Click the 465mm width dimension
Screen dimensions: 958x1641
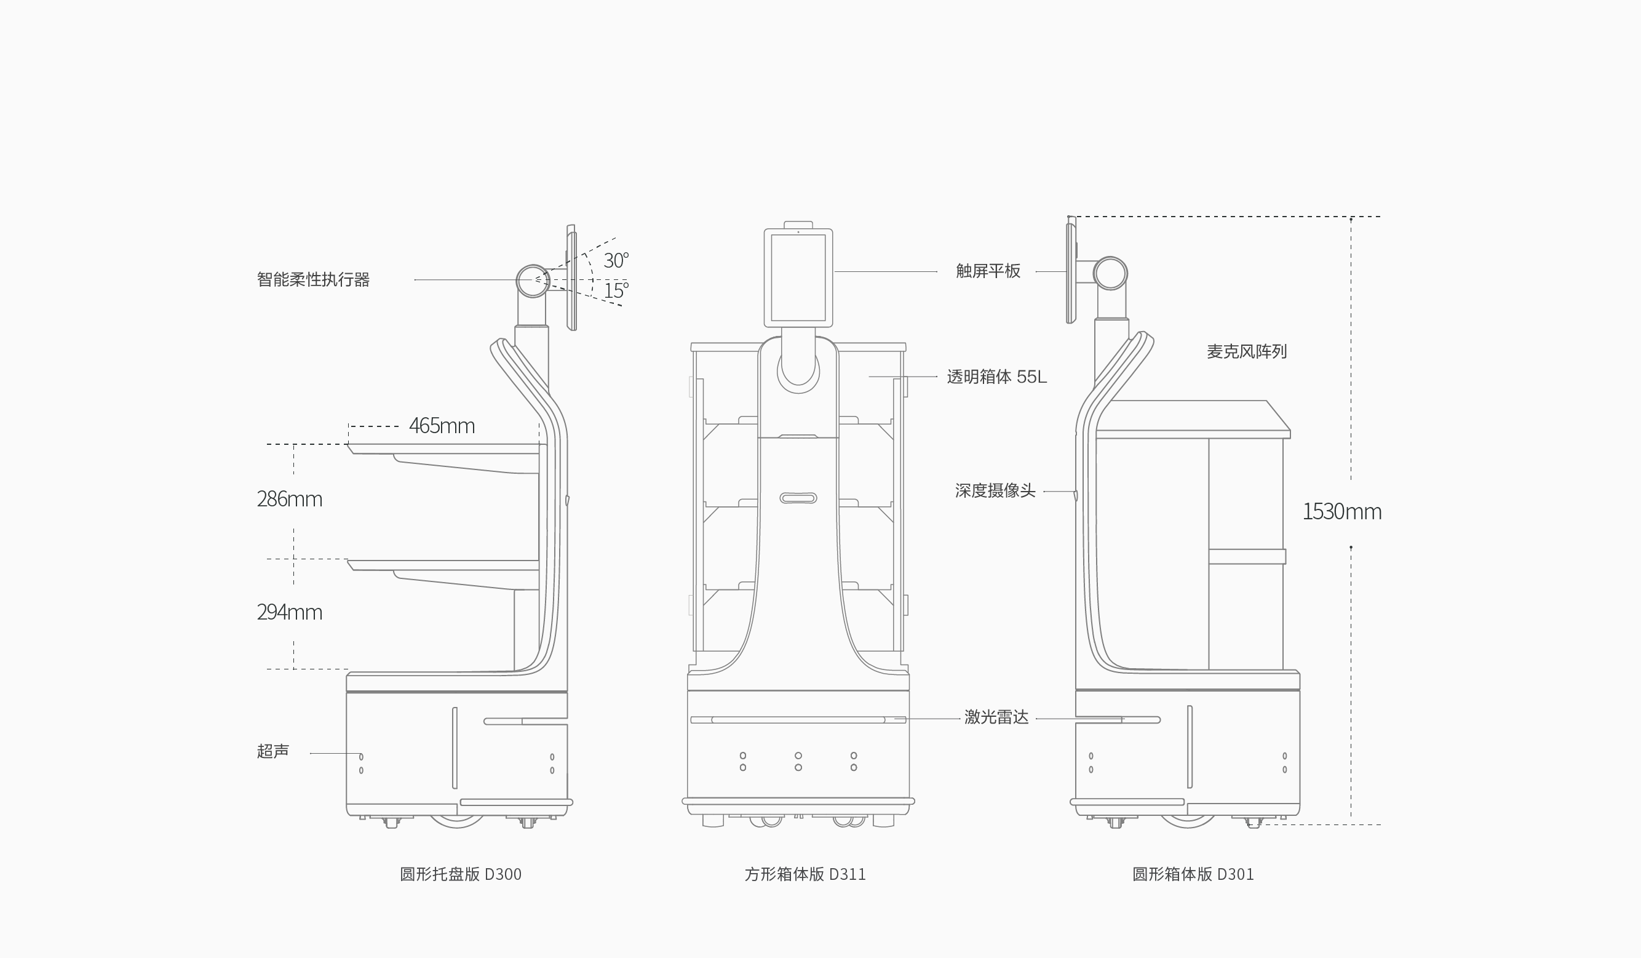pyautogui.click(x=442, y=426)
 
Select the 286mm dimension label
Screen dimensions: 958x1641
pyautogui.click(x=289, y=499)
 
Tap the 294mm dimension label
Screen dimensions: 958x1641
pyautogui.click(x=289, y=612)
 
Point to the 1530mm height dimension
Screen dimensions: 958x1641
pyautogui.click(x=1341, y=512)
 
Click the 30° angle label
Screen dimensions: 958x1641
pyautogui.click(x=615, y=260)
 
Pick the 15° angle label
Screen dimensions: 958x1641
pyautogui.click(x=615, y=290)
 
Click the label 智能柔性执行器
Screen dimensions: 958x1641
pyautogui.click(x=313, y=280)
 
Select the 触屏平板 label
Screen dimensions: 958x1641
pyautogui.click(x=988, y=271)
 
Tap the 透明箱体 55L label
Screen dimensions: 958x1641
pyautogui.click(x=996, y=377)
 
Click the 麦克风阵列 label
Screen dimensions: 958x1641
pyautogui.click(x=1246, y=352)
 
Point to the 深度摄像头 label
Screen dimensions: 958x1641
pyautogui.click(x=995, y=491)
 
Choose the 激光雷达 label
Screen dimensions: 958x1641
pyautogui.click(x=996, y=717)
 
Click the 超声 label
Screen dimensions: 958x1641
pyautogui.click(x=273, y=751)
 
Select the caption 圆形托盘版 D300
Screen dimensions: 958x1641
pyautogui.click(x=461, y=874)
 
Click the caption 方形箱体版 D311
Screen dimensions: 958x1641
pyautogui.click(x=805, y=874)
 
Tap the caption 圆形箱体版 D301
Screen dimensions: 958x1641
pyautogui.click(x=1193, y=874)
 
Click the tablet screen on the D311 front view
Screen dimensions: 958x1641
pyautogui.click(x=798, y=278)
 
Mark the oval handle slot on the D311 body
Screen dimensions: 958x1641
pyautogui.click(x=798, y=498)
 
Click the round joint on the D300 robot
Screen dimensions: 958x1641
pyautogui.click(x=533, y=281)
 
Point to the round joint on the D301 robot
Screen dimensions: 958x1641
pyautogui.click(x=1110, y=273)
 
